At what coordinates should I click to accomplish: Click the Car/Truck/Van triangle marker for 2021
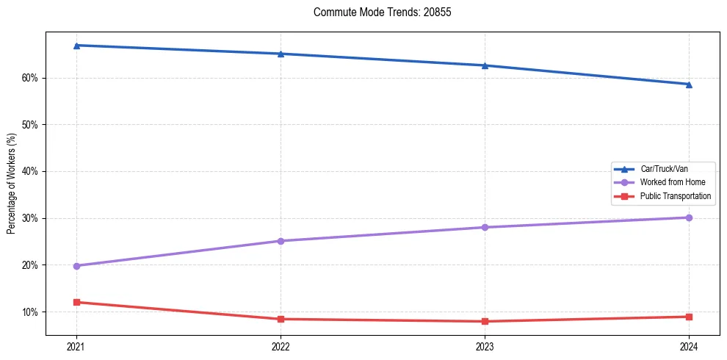click(x=76, y=46)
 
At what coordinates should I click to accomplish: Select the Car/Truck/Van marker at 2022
click(x=281, y=54)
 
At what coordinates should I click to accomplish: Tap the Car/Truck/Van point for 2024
click(x=689, y=84)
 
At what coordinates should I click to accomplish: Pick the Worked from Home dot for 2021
click(x=76, y=266)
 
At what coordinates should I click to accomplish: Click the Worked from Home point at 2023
click(x=485, y=227)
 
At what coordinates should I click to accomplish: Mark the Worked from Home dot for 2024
click(x=689, y=217)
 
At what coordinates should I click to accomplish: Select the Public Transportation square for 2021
click(x=76, y=302)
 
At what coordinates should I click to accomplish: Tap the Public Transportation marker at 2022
click(x=281, y=319)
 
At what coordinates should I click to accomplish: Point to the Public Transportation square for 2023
click(x=485, y=321)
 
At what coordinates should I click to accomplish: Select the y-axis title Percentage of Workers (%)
click(x=11, y=184)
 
